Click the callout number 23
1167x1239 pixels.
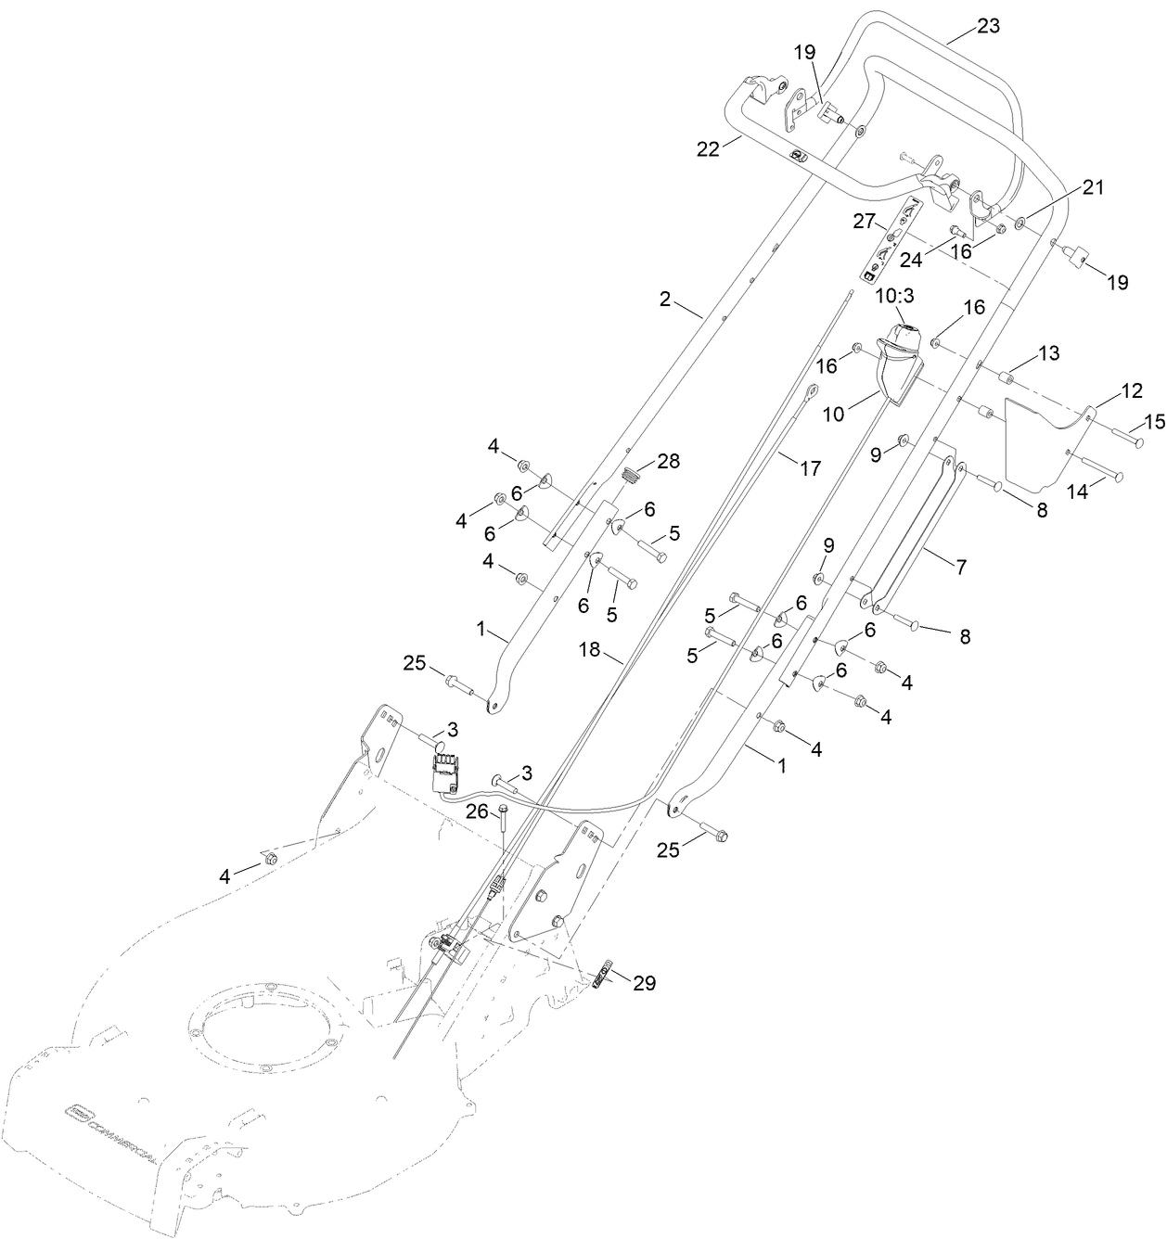coord(988,26)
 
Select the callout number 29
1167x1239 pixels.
coord(643,983)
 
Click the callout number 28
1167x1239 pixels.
coord(669,461)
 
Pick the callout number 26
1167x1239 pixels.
coord(476,811)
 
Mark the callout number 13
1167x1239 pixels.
coord(1047,353)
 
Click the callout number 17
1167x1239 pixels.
coord(810,468)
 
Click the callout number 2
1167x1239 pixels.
coord(664,299)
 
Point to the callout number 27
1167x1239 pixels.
coord(864,222)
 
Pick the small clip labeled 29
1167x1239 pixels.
coord(602,977)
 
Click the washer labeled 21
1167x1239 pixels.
coord(1020,222)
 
